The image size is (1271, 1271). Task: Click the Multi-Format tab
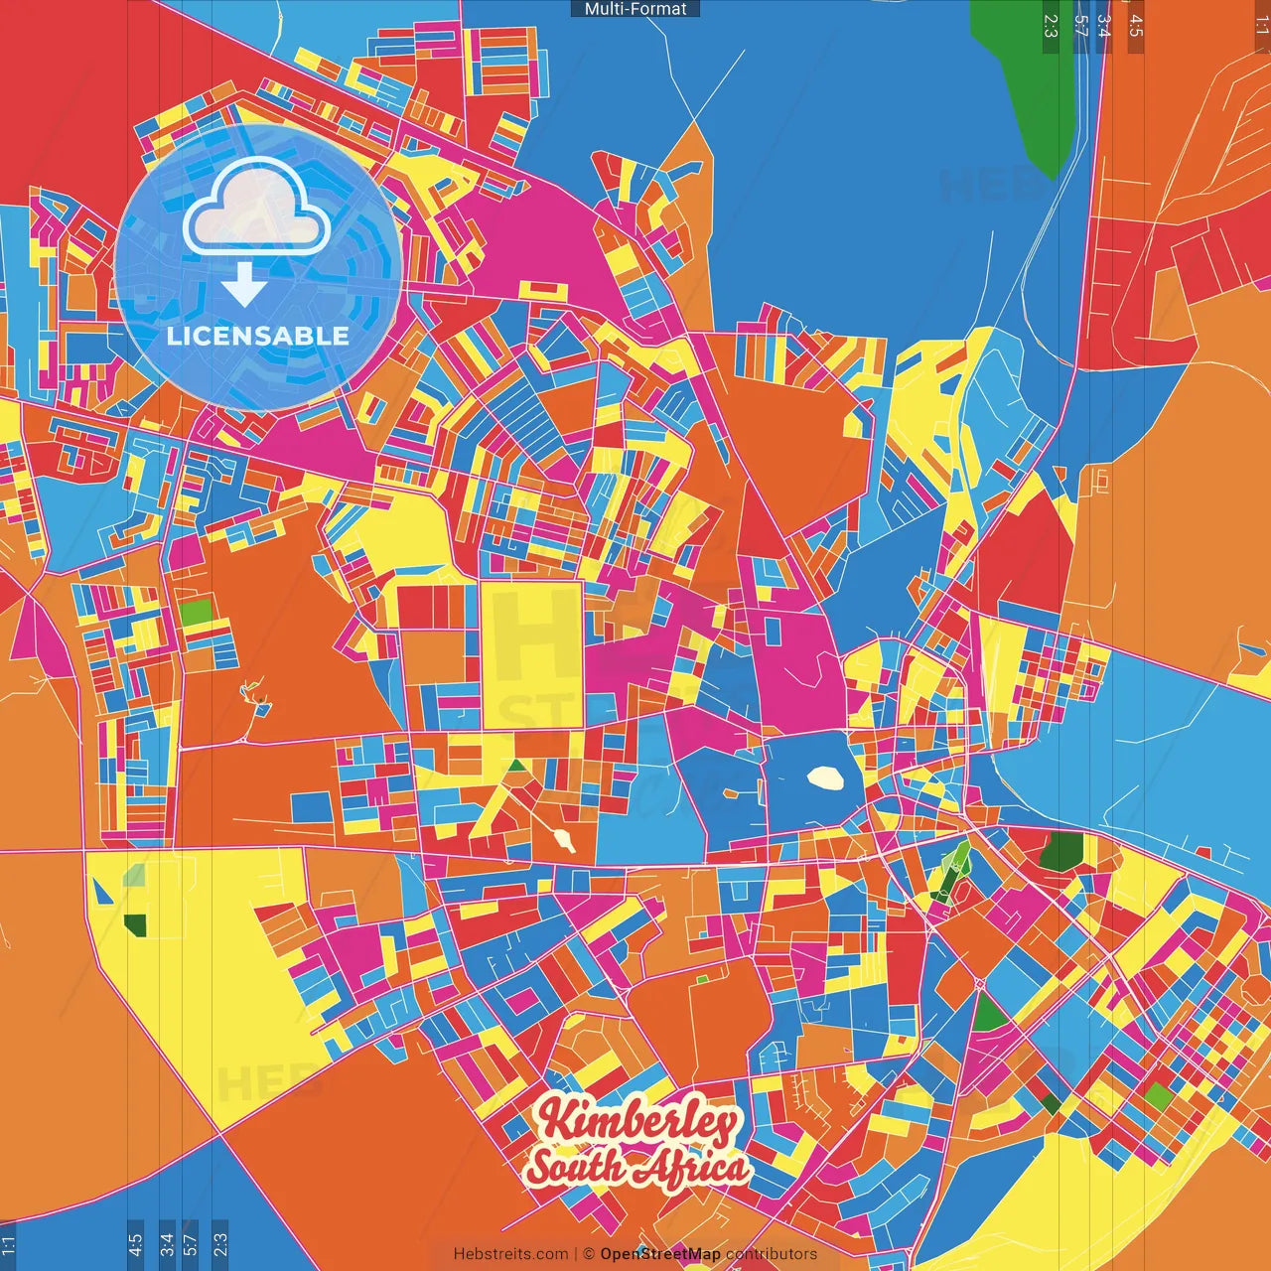(x=635, y=9)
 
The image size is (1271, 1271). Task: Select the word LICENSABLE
(x=258, y=336)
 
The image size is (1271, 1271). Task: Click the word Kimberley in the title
(x=638, y=1121)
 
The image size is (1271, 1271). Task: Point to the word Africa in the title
(x=693, y=1168)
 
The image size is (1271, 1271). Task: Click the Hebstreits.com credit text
(x=510, y=1254)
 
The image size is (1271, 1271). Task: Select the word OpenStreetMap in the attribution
(x=660, y=1254)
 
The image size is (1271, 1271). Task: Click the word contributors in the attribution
(x=772, y=1254)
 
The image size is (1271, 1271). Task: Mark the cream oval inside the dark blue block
(x=825, y=777)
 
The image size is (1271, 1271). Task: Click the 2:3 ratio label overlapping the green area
(x=1051, y=26)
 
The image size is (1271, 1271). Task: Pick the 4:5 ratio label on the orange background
(x=1136, y=26)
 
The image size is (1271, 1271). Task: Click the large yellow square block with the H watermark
(x=531, y=655)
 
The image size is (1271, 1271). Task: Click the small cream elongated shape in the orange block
(x=566, y=842)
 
